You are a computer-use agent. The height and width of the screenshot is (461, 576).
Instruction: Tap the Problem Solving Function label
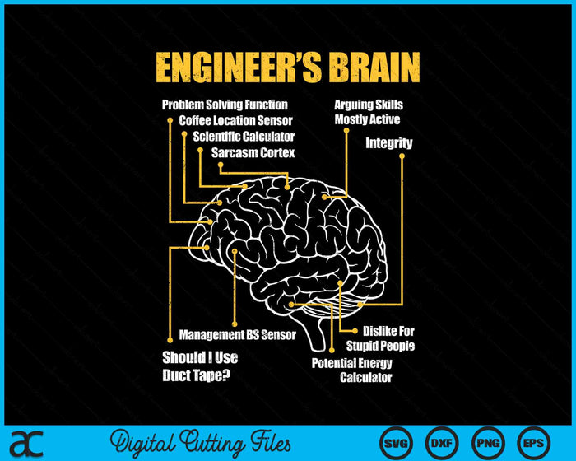click(x=225, y=105)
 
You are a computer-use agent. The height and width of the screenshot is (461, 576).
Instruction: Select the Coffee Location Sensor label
click(x=235, y=120)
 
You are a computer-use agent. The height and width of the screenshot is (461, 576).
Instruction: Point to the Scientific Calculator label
click(x=244, y=136)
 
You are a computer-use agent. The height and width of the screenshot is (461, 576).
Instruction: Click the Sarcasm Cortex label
click(x=253, y=152)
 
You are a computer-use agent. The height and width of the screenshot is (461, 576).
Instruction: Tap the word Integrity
click(x=389, y=143)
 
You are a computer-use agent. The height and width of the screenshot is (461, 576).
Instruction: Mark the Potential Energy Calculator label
click(x=352, y=370)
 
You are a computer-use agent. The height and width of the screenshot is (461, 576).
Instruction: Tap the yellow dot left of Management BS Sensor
click(x=170, y=334)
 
